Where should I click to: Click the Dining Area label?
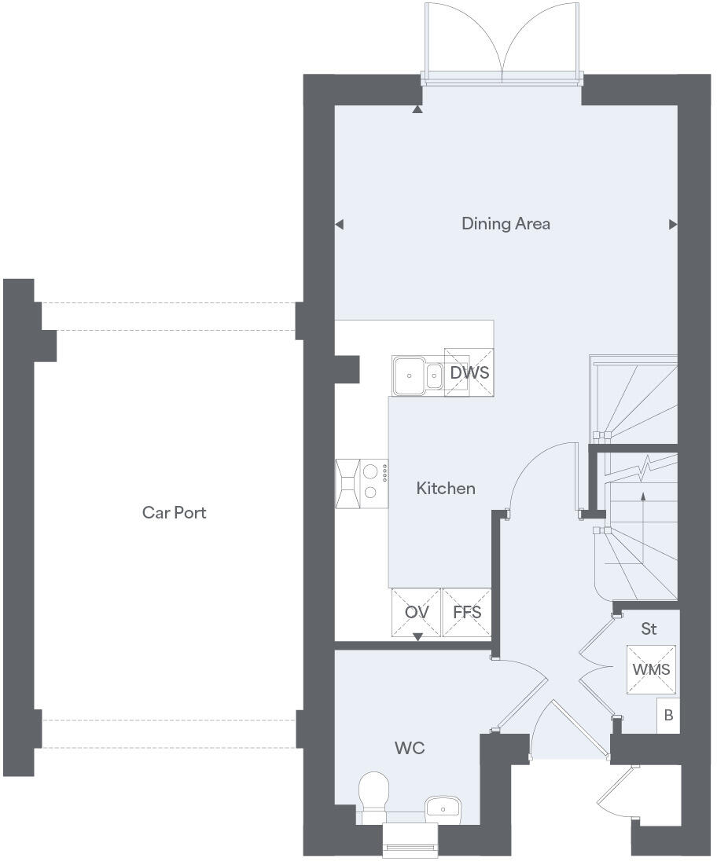[506, 224]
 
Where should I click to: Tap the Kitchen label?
[446, 489]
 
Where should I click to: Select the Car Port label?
[175, 513]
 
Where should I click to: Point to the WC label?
[410, 749]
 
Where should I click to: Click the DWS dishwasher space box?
[469, 373]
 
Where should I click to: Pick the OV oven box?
[417, 612]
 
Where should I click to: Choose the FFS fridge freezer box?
[467, 612]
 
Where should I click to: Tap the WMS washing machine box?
[651, 669]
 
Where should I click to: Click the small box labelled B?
[668, 716]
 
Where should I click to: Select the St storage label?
[649, 629]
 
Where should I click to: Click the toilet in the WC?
[373, 793]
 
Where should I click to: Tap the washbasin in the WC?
[443, 807]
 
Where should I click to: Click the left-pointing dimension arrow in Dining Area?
[340, 225]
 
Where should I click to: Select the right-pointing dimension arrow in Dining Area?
[673, 225]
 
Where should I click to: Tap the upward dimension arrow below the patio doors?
[417, 109]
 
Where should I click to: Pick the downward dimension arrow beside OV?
[417, 636]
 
